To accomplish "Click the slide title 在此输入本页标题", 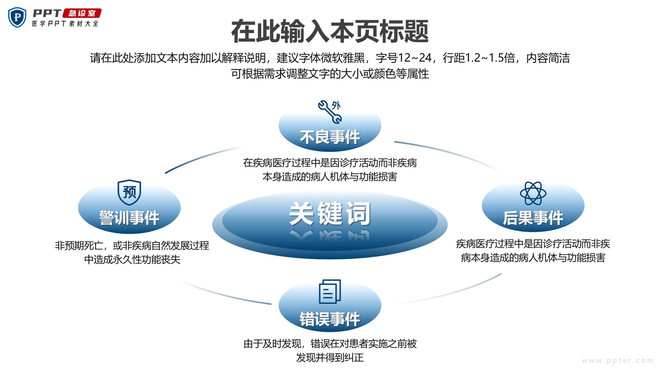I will click(x=330, y=31).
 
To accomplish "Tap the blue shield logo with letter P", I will click(x=17, y=17).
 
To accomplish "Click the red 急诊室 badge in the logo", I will click(x=82, y=13).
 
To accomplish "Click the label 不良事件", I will click(x=330, y=137).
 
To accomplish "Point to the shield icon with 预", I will click(x=129, y=192).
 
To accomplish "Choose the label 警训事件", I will click(x=129, y=218).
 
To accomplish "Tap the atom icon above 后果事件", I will click(x=533, y=193).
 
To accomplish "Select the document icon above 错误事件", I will click(x=330, y=291).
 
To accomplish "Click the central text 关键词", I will click(x=330, y=214).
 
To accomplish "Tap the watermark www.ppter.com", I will click(x=618, y=360).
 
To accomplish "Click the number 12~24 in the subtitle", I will click(x=414, y=58).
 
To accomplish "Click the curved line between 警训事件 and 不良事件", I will click(x=201, y=159).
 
